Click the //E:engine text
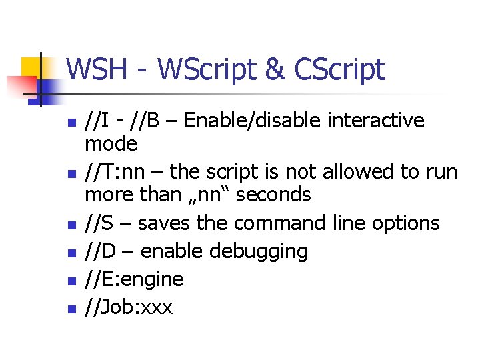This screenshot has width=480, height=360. (134, 279)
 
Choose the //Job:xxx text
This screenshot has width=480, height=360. (129, 307)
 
